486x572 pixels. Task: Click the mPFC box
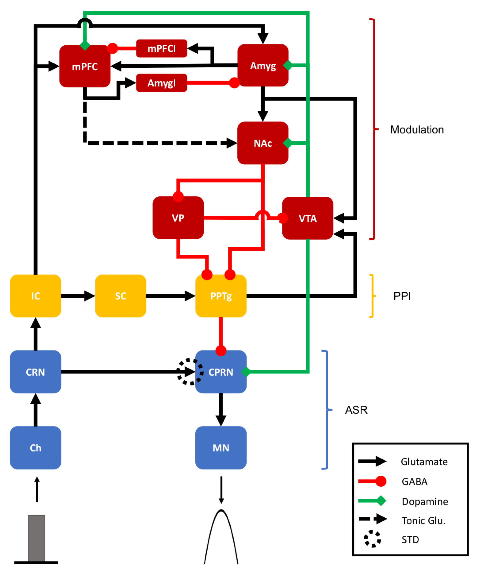tap(85, 66)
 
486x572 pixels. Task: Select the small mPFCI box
tap(161, 49)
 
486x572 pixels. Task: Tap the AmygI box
tap(161, 83)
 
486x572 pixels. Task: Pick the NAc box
tap(263, 143)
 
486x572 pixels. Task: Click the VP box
tap(178, 218)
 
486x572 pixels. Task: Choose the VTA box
tap(308, 218)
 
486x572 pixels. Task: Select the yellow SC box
tap(120, 296)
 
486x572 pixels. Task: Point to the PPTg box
tap(221, 296)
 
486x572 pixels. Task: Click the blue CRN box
tap(35, 372)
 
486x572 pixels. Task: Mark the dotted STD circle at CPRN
tap(190, 372)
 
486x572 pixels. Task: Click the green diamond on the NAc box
tap(288, 143)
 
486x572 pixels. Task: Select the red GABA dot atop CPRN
tap(221, 351)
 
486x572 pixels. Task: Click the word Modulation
tap(417, 130)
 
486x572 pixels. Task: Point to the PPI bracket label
tap(402, 296)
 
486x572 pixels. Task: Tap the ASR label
tap(356, 410)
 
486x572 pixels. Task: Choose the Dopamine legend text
tap(425, 501)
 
